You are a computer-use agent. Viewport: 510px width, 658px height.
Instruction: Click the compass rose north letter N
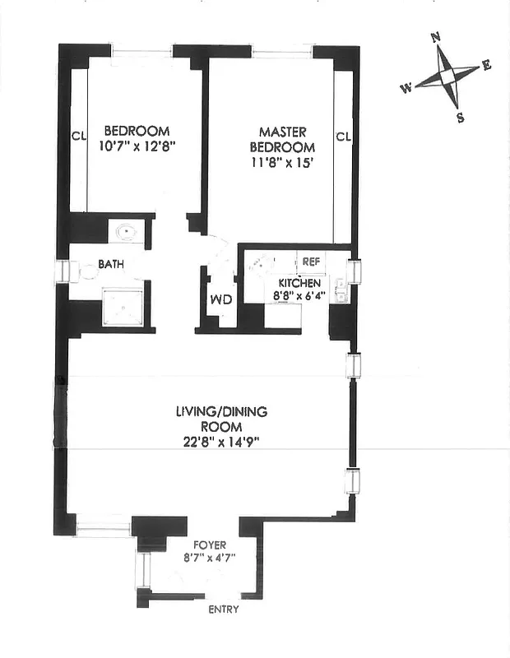[438, 37]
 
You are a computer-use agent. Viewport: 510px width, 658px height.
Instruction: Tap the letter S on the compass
[460, 118]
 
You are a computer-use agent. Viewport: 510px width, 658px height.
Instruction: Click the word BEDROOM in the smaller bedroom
[137, 131]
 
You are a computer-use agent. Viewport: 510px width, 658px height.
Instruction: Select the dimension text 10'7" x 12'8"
[137, 146]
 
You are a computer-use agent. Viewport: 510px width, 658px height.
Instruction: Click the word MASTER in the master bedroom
[282, 132]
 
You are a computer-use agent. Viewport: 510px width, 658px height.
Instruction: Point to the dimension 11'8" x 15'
[282, 162]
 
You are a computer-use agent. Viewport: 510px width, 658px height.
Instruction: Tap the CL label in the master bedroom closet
[343, 136]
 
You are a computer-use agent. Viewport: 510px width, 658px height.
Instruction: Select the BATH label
[111, 265]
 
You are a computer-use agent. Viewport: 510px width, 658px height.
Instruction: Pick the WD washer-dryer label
[220, 299]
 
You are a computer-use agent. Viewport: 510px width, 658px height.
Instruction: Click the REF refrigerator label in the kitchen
[310, 262]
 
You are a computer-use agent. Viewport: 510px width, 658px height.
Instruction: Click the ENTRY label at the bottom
[223, 609]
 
